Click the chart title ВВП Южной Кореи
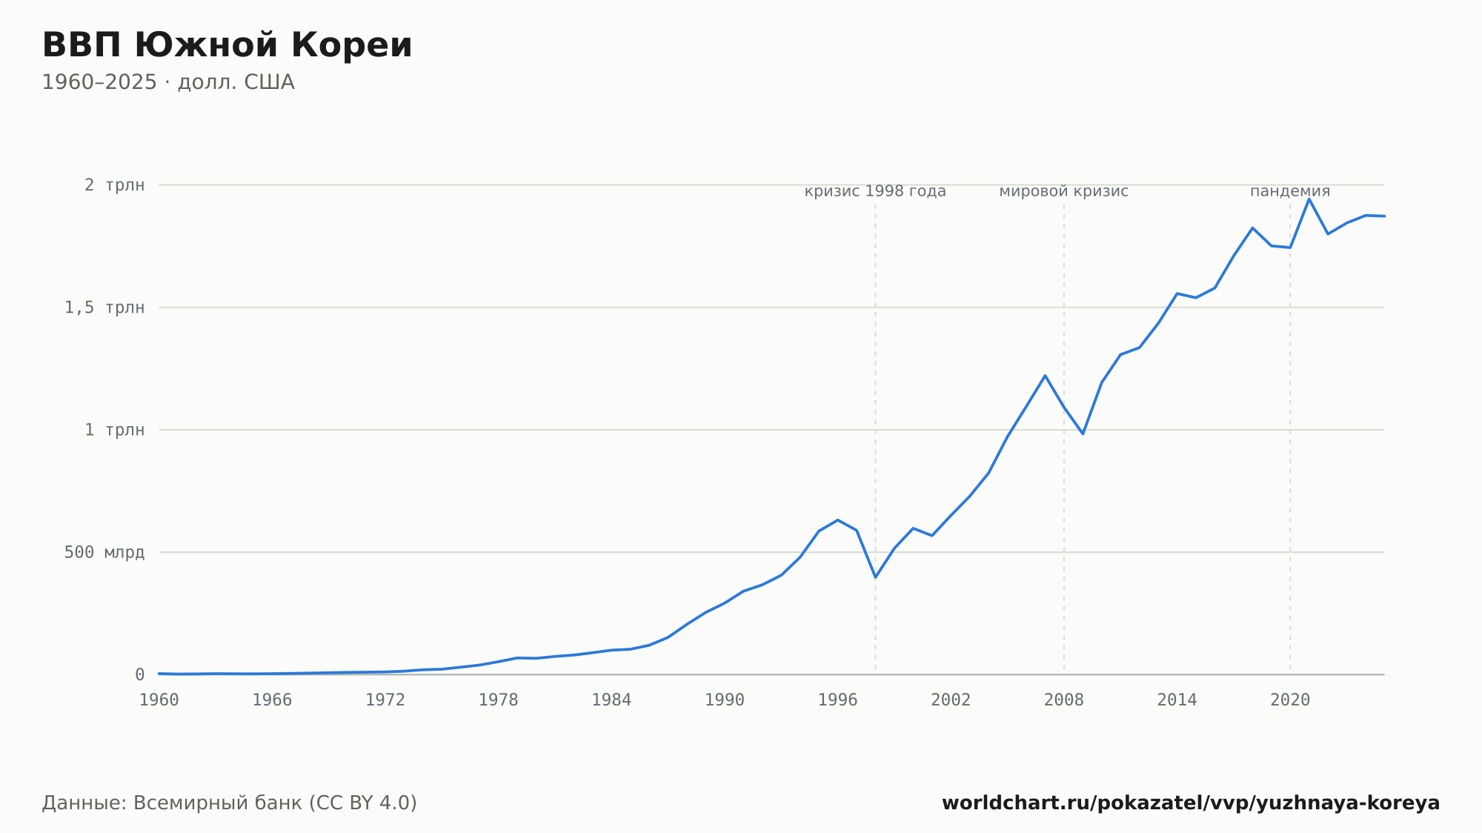coord(227,45)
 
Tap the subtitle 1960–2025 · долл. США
coord(168,82)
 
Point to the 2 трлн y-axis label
coord(114,185)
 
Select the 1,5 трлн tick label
coord(104,308)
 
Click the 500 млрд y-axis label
coord(104,552)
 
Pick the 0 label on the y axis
coord(139,675)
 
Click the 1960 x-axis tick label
coord(159,700)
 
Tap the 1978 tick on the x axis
coord(498,700)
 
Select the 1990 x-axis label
coord(725,700)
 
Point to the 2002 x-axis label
coord(951,700)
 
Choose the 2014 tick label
coord(1177,700)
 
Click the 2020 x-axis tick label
coord(1290,700)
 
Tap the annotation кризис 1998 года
coord(875,191)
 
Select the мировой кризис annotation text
coord(1064,191)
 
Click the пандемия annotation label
coord(1290,191)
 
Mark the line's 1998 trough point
coord(875,577)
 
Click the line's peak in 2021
coord(1309,199)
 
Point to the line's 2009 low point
coord(1083,434)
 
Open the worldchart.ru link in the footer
coord(1191,803)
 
